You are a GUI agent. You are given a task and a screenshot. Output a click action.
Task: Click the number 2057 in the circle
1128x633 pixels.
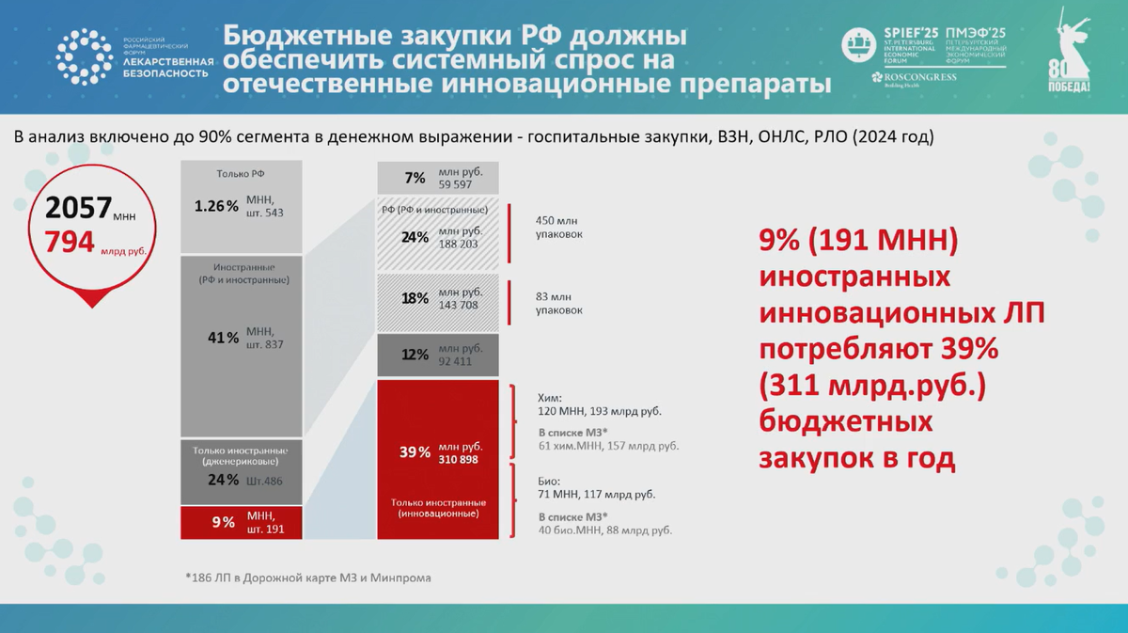(78, 208)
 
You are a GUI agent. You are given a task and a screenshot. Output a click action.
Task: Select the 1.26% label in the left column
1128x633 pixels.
(215, 206)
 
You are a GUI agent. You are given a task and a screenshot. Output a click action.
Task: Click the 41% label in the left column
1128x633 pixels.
(223, 338)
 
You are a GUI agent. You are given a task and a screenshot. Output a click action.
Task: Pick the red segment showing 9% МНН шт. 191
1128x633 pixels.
(242, 522)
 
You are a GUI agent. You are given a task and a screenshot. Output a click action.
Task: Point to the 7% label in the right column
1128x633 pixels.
(415, 178)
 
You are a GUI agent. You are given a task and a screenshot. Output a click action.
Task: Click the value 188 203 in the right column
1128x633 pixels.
(458, 244)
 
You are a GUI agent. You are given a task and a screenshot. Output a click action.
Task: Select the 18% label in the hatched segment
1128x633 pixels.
(415, 298)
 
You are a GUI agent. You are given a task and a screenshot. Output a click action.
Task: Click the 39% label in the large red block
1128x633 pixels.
(415, 452)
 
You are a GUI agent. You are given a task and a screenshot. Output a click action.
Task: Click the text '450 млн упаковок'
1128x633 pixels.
(558, 226)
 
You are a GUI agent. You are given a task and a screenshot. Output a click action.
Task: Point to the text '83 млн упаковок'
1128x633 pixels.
(558, 302)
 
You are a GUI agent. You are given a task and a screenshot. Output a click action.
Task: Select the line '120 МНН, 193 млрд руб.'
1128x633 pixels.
(599, 411)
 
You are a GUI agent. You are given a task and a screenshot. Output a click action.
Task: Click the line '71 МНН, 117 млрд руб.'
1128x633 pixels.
(596, 494)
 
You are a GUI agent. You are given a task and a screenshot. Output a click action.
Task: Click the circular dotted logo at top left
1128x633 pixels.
(84, 56)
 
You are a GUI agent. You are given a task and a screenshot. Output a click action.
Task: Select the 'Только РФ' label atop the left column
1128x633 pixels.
(242, 174)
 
